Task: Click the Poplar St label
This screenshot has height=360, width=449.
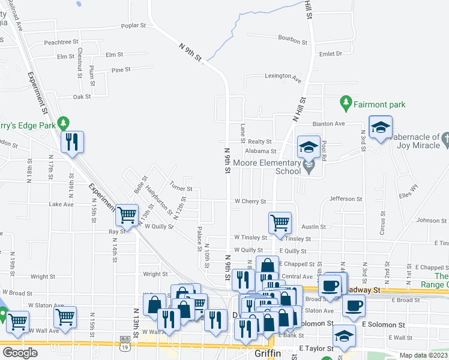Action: point(134,26)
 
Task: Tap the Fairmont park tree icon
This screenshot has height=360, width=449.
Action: point(345,103)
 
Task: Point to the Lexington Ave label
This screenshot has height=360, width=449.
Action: point(283,77)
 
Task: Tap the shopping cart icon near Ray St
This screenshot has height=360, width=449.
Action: point(127,214)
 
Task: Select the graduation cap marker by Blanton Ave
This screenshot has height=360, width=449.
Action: point(380,127)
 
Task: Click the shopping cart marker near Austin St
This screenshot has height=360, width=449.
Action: point(280,223)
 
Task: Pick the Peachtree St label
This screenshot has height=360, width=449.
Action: point(61,42)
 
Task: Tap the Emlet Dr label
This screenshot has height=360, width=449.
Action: point(330,53)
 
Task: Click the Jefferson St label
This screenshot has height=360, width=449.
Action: point(346,199)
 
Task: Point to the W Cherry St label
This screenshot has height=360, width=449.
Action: point(250,202)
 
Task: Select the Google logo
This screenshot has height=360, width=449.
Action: point(20,352)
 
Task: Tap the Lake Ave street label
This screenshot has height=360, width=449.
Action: point(61,205)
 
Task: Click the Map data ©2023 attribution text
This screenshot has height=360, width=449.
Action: point(424,355)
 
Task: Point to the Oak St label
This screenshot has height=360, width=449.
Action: point(82,97)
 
